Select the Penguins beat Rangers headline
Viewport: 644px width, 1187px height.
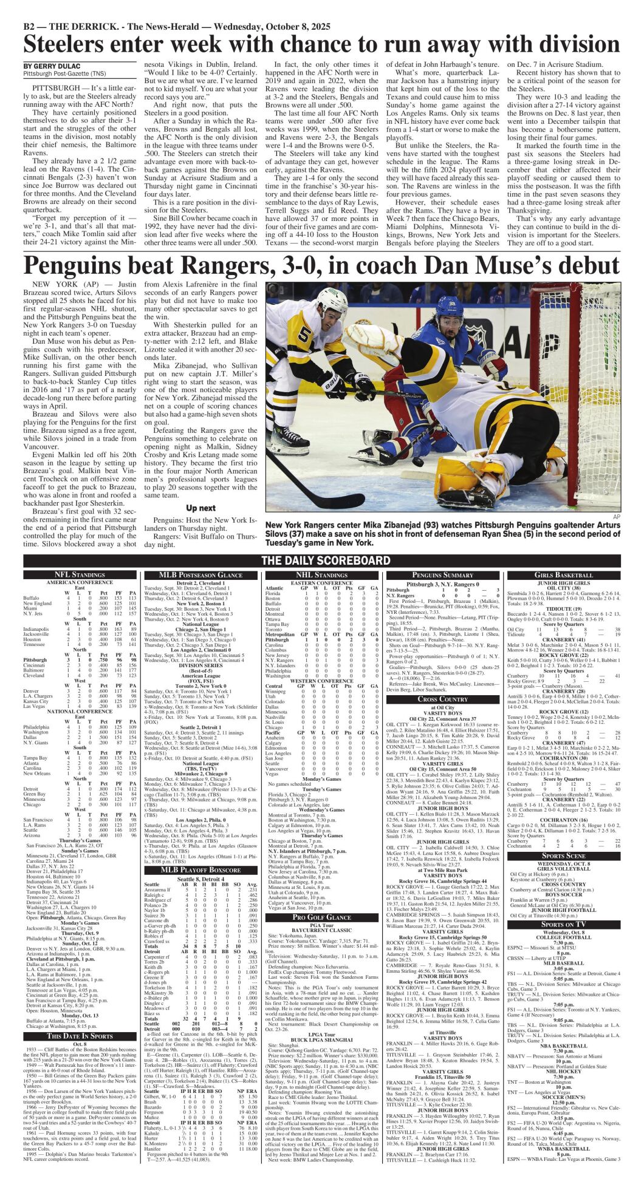(321, 267)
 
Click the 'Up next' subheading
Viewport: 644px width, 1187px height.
(200, 508)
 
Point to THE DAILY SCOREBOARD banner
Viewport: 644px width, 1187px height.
(326, 560)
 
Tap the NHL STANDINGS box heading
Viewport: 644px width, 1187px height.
(322, 574)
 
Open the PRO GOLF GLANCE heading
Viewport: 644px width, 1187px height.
(322, 917)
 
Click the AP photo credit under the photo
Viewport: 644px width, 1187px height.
(617, 517)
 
